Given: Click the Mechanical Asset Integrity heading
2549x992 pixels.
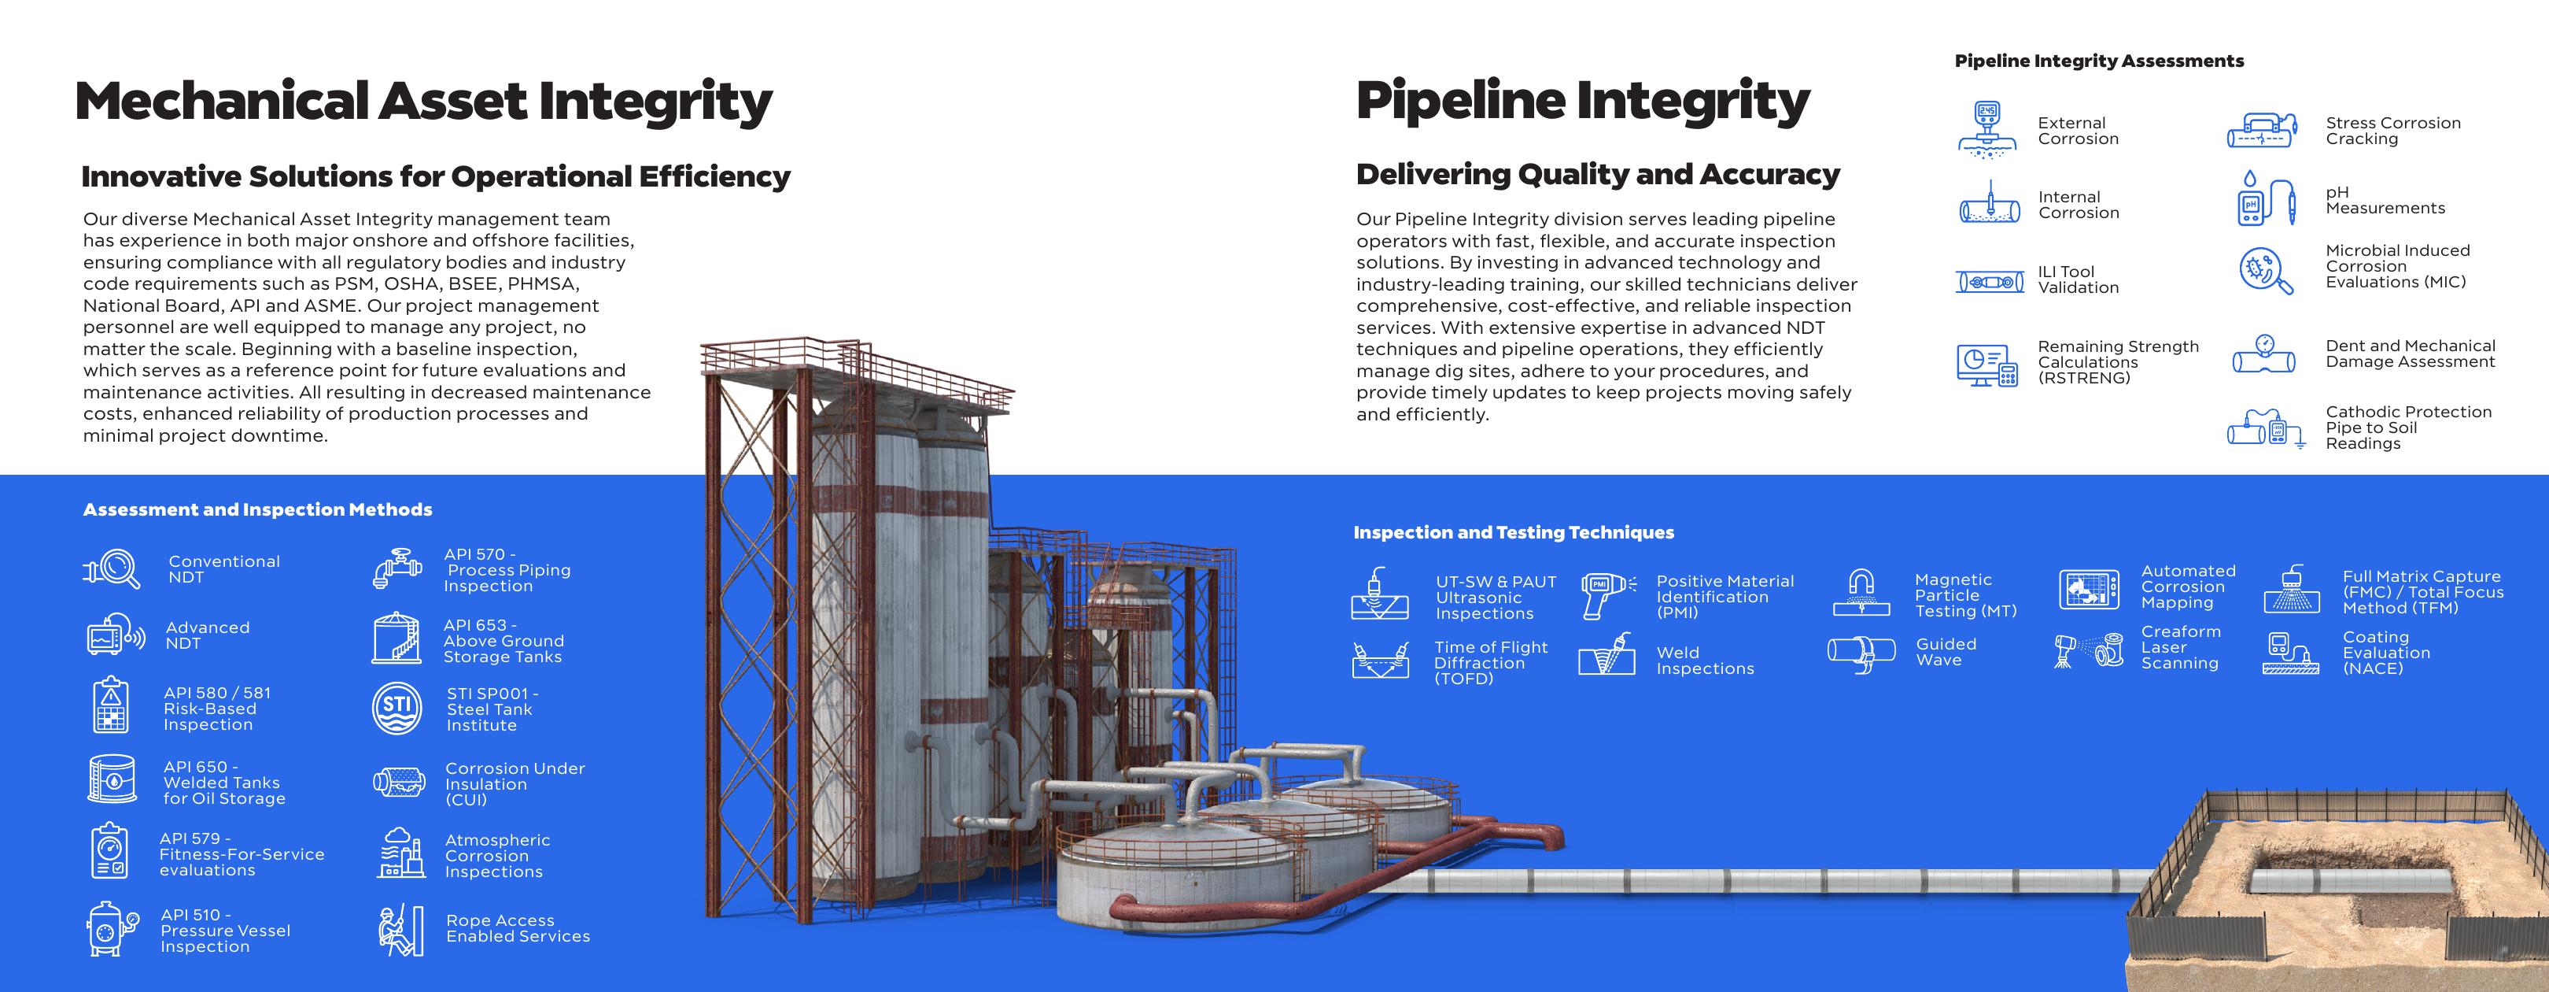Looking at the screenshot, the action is [x=423, y=103].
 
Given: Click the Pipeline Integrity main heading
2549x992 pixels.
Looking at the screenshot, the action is [x=1583, y=103].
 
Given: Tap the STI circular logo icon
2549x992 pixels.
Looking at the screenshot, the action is [x=397, y=708].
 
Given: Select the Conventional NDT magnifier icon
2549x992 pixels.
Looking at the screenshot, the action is [x=112, y=569].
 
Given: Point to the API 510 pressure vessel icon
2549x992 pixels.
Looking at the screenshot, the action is [x=112, y=929].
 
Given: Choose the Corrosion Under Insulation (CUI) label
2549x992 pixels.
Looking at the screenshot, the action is [x=515, y=784].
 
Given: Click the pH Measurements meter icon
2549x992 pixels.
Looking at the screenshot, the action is [x=2266, y=199].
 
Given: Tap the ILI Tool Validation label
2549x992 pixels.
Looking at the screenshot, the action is [x=2078, y=279].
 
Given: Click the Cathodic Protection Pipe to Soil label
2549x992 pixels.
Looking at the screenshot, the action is [x=2408, y=427].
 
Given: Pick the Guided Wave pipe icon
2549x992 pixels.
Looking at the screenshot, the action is [x=1861, y=653].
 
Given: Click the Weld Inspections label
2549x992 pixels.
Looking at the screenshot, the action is [x=1705, y=661].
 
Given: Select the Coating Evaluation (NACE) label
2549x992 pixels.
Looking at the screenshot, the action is [x=2385, y=653].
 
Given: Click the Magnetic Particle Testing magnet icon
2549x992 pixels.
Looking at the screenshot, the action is [x=1861, y=592].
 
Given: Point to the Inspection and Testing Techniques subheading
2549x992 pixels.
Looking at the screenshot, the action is [x=1514, y=533].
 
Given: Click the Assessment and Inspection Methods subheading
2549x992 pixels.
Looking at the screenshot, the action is [x=257, y=510].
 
